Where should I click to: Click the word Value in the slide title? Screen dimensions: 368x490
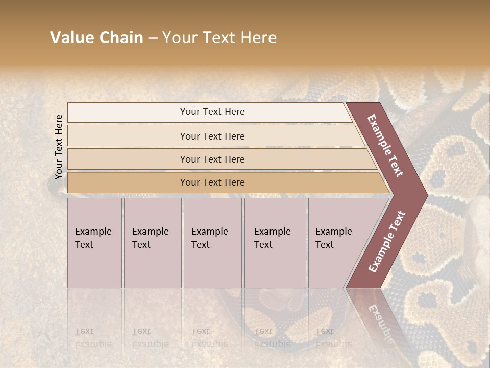point(71,38)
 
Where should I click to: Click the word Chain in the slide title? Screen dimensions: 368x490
point(120,38)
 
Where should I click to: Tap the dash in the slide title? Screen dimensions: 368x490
point(153,38)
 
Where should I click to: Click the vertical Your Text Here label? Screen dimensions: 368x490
point(59,147)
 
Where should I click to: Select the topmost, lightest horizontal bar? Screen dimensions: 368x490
point(212,112)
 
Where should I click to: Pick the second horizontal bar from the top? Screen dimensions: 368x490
point(212,136)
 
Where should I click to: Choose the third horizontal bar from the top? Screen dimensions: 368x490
point(212,159)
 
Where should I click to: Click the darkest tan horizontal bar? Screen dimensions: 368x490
point(212,182)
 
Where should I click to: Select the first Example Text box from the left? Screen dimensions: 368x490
point(94,243)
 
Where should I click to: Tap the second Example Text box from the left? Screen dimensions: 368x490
point(152,243)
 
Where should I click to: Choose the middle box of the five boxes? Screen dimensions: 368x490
point(212,243)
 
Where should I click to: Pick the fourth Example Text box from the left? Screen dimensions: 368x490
point(275,243)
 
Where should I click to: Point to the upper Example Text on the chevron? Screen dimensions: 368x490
point(385,146)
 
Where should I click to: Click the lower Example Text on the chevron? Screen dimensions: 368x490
point(387,241)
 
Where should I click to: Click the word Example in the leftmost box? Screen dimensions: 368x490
point(93,232)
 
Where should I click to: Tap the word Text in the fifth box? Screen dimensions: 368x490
point(324,245)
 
